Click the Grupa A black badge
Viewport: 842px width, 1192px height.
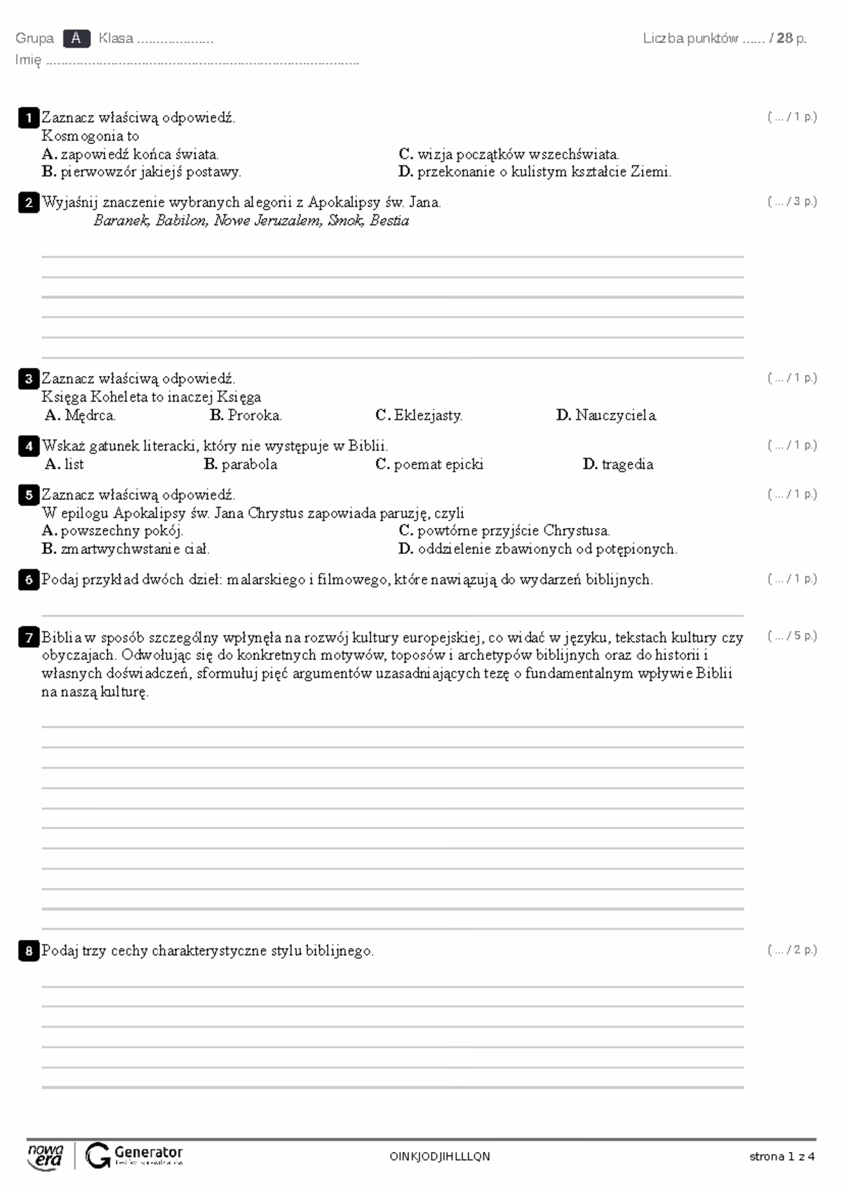coord(76,39)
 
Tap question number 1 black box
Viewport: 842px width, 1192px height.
coord(28,118)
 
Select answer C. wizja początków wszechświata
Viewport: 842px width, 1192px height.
coord(509,154)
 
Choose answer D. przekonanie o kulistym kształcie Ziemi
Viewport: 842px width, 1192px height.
coord(535,172)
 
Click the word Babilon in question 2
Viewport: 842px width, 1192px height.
coord(181,221)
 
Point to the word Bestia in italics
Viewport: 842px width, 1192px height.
coord(389,221)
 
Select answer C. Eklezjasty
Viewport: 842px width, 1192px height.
coord(419,416)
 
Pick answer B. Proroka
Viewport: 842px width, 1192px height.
coord(246,416)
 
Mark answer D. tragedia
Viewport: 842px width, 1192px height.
coord(617,465)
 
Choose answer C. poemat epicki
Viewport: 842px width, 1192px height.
coord(429,465)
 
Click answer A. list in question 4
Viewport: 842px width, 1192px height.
coord(64,465)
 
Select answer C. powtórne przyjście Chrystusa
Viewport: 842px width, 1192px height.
coord(504,531)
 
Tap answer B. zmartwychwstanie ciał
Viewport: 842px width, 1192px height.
coord(126,550)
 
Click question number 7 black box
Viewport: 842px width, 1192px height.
coord(28,638)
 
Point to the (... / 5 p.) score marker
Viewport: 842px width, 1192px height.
coord(792,637)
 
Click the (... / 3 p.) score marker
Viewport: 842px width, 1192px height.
coord(792,202)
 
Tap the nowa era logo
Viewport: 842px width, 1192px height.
coord(46,1155)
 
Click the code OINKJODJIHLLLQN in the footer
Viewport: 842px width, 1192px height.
coord(440,1157)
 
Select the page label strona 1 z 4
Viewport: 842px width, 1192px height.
coord(782,1157)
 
